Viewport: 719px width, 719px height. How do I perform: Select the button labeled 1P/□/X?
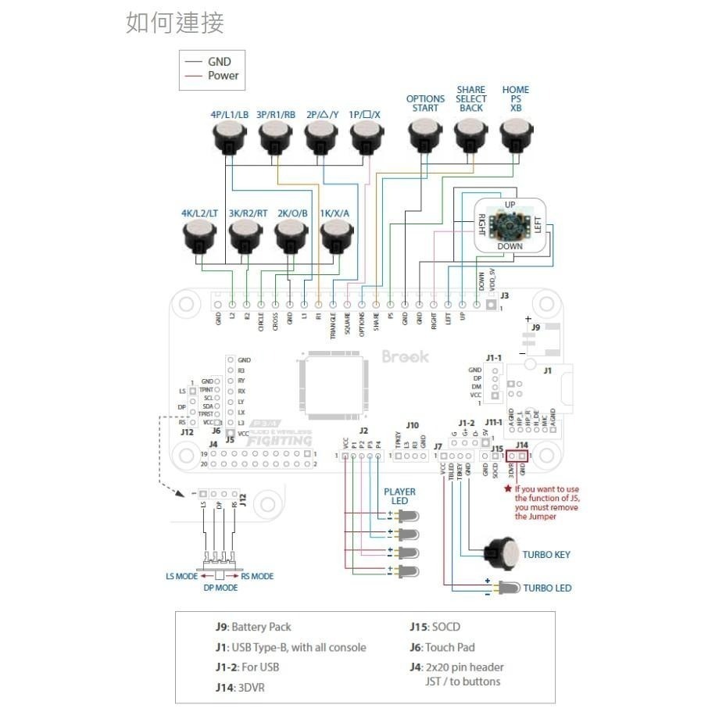366,141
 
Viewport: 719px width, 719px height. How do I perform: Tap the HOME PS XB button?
515,140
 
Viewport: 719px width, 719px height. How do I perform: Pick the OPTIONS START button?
425,140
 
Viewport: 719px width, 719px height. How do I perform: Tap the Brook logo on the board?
405,356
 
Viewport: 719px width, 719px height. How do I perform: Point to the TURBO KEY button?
503,554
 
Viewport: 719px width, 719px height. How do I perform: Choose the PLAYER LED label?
399,496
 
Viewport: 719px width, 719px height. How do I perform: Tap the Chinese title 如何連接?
175,23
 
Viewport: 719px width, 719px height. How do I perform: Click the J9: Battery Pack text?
253,627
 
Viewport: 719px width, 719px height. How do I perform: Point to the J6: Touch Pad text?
442,647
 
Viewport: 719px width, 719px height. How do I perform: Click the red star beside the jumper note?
508,489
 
